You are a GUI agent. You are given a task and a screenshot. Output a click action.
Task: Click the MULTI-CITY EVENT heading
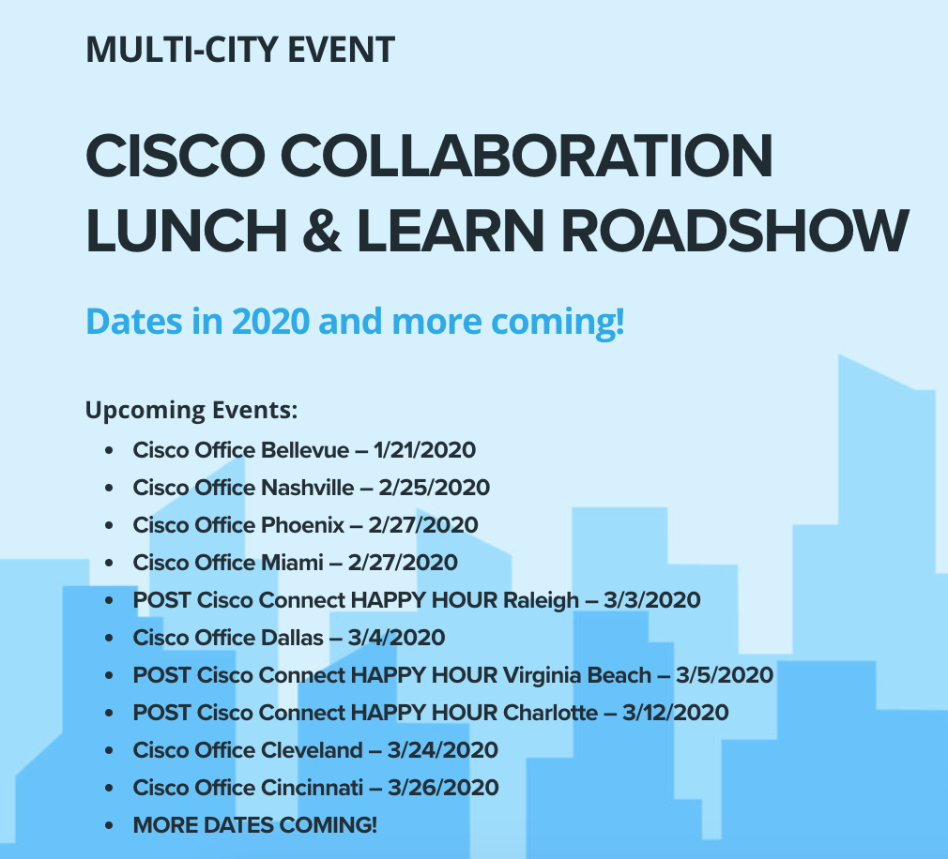point(240,50)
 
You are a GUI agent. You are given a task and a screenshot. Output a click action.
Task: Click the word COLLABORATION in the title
point(527,156)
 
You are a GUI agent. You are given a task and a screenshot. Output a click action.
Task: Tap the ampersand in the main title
point(322,230)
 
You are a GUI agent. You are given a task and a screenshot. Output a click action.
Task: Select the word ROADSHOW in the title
point(735,230)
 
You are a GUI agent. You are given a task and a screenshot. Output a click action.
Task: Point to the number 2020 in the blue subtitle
point(271,321)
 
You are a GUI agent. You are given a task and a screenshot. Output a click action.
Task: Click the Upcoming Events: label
point(191,411)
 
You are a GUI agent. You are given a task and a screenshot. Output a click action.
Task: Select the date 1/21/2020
point(424,450)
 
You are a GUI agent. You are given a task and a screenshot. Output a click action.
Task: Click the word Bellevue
point(305,450)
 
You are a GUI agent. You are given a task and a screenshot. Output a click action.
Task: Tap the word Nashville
point(308,488)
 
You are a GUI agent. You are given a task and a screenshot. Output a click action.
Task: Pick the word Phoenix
point(302,525)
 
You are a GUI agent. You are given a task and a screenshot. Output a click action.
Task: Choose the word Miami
point(292,563)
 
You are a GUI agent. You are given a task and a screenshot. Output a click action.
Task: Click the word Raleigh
point(541,601)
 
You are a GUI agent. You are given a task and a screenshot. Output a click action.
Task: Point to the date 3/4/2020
point(397,638)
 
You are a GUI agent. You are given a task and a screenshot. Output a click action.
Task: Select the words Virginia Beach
point(577,676)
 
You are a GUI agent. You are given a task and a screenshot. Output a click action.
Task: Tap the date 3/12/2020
point(676,712)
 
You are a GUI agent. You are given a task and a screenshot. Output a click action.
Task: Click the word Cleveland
point(312,749)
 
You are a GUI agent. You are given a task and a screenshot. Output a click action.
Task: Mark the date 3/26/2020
point(443,787)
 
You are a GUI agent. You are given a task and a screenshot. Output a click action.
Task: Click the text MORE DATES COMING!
point(255,824)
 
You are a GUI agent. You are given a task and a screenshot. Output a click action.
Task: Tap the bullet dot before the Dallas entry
point(109,638)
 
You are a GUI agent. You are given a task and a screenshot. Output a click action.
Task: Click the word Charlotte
point(550,712)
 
